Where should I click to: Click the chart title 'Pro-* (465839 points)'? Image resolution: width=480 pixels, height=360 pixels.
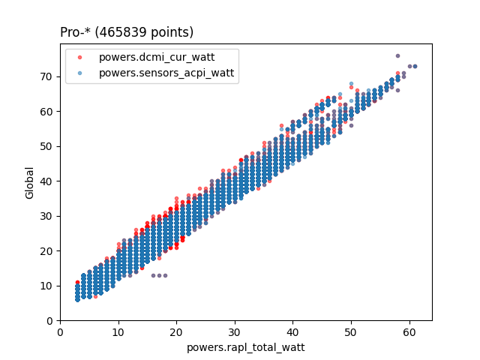[127, 32]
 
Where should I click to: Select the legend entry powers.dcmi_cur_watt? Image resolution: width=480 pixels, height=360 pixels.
[168, 58]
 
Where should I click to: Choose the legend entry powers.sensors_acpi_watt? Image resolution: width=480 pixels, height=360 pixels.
[166, 73]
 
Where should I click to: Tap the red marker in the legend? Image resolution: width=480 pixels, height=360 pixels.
[81, 58]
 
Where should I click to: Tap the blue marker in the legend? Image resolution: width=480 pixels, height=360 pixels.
[81, 73]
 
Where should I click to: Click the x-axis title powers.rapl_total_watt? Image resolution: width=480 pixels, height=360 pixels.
[246, 347]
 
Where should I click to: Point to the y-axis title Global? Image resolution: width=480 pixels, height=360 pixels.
[30, 182]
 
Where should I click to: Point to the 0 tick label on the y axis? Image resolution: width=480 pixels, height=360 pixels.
[50, 321]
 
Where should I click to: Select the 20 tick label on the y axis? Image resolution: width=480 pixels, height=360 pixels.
[47, 251]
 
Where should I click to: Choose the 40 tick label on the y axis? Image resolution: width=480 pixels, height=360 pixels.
[47, 181]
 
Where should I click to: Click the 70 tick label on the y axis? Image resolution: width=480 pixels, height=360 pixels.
[47, 76]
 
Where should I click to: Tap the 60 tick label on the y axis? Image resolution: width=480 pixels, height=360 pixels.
[47, 111]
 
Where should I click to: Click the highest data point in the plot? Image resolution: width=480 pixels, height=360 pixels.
[397, 55]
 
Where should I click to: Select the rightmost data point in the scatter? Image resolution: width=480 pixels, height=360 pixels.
[415, 66]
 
